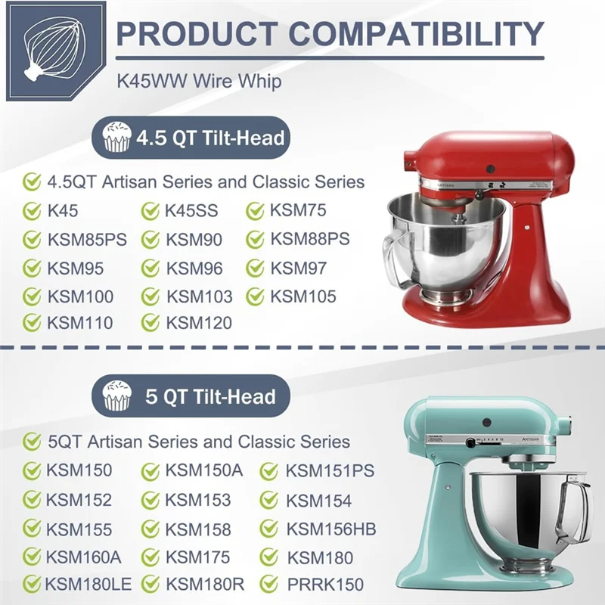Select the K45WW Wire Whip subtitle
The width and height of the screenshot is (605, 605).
(199, 81)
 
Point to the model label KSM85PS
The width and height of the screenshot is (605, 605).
(86, 240)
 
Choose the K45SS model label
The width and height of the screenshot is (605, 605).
(191, 211)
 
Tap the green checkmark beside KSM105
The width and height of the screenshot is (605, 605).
(256, 296)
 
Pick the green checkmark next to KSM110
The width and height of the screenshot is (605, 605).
(32, 323)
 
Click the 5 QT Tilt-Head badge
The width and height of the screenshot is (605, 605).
(189, 396)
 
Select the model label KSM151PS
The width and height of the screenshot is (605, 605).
(329, 470)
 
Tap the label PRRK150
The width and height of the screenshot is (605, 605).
(325, 585)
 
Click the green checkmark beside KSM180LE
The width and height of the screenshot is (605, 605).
(32, 584)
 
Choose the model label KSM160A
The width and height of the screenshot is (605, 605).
(83, 557)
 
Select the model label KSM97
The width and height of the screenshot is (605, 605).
(299, 268)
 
